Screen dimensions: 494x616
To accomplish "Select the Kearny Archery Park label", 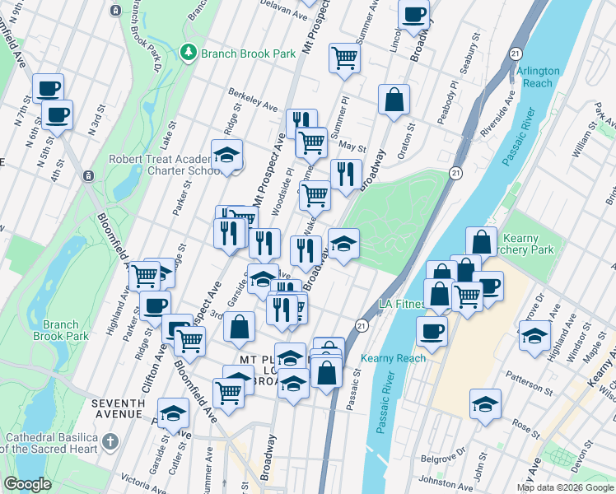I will (x=518, y=244).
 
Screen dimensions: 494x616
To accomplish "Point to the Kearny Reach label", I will (x=394, y=358).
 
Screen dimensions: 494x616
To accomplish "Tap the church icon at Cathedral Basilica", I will (x=110, y=443).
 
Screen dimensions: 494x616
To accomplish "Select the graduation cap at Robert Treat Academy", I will (x=226, y=155).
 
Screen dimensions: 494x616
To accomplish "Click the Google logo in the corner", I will (x=27, y=484).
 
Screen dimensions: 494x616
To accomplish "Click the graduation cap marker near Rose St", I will (x=485, y=404).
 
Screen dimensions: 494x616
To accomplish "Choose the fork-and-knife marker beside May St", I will (x=346, y=174).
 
